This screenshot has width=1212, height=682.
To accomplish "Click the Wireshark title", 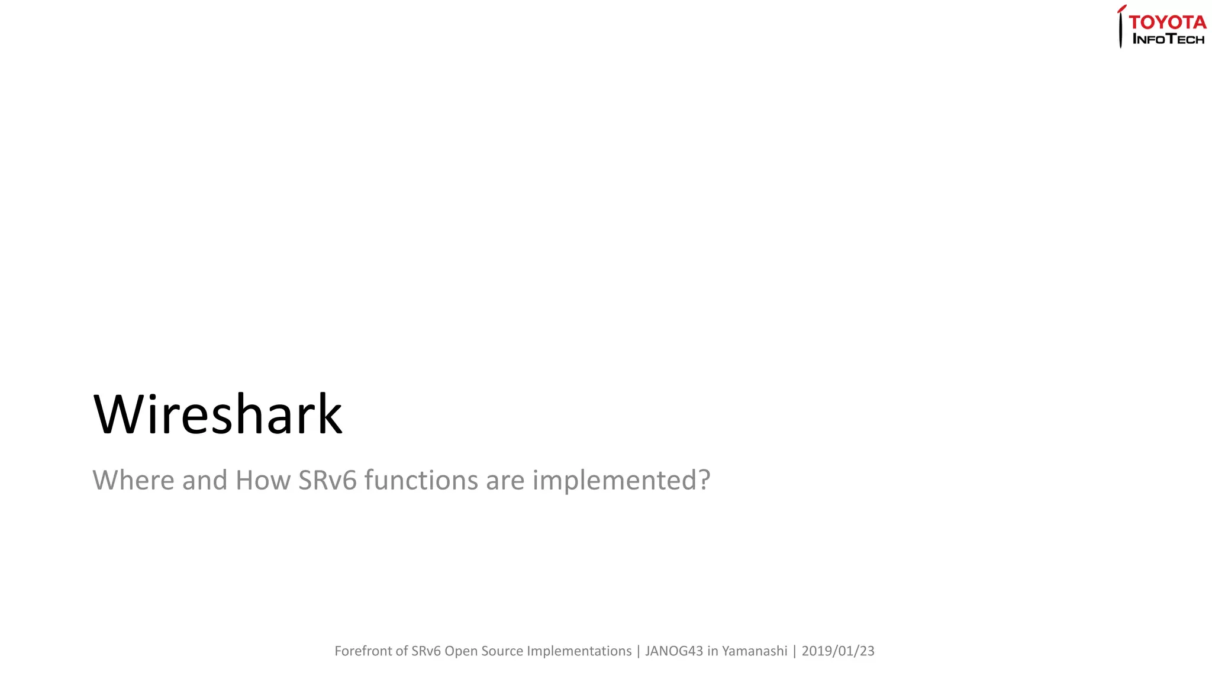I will pos(218,414).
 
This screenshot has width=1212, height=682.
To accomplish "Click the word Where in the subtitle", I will pos(134,480).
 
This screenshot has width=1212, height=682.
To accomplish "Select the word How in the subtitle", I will pos(263,480).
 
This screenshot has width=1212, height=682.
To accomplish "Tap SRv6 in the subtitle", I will pos(327,480).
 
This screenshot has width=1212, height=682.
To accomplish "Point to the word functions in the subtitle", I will pos(421,480).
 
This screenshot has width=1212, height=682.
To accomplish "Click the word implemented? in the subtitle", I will pos(621,480).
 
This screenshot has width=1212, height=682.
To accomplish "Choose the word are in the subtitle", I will pos(505,480).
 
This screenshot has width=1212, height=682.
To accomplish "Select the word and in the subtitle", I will pos(205,480).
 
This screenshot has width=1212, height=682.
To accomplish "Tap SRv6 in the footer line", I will pos(426,651).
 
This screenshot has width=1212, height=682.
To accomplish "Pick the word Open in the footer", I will pos(461,651).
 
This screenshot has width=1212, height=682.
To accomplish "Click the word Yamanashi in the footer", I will pos(755,651).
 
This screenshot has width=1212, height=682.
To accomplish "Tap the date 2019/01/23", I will pos(837,651).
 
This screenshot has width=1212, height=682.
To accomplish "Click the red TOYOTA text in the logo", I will pos(1167,22).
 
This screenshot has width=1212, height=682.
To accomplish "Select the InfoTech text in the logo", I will pos(1168,40).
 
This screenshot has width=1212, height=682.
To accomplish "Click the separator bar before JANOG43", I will pos(639,651).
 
